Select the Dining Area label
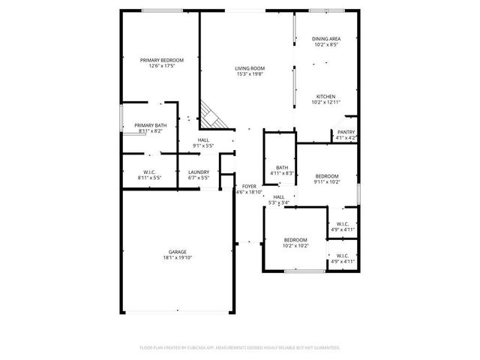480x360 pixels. click(x=326, y=38)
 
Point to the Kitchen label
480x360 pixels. click(x=325, y=96)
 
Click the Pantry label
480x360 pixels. click(x=346, y=132)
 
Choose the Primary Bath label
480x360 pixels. click(x=150, y=125)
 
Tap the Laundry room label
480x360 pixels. click(x=199, y=172)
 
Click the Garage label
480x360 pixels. click(x=177, y=252)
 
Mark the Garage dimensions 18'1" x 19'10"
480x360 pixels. click(x=177, y=258)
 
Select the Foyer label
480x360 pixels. click(x=248, y=187)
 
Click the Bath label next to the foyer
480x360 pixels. click(x=281, y=167)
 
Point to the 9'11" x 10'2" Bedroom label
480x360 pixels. click(x=327, y=175)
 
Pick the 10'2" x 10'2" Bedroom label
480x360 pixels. click(x=295, y=240)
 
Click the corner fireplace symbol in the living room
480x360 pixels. click(x=212, y=115)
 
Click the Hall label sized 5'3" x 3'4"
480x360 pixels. click(x=278, y=196)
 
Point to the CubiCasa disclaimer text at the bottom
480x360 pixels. click(x=240, y=348)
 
